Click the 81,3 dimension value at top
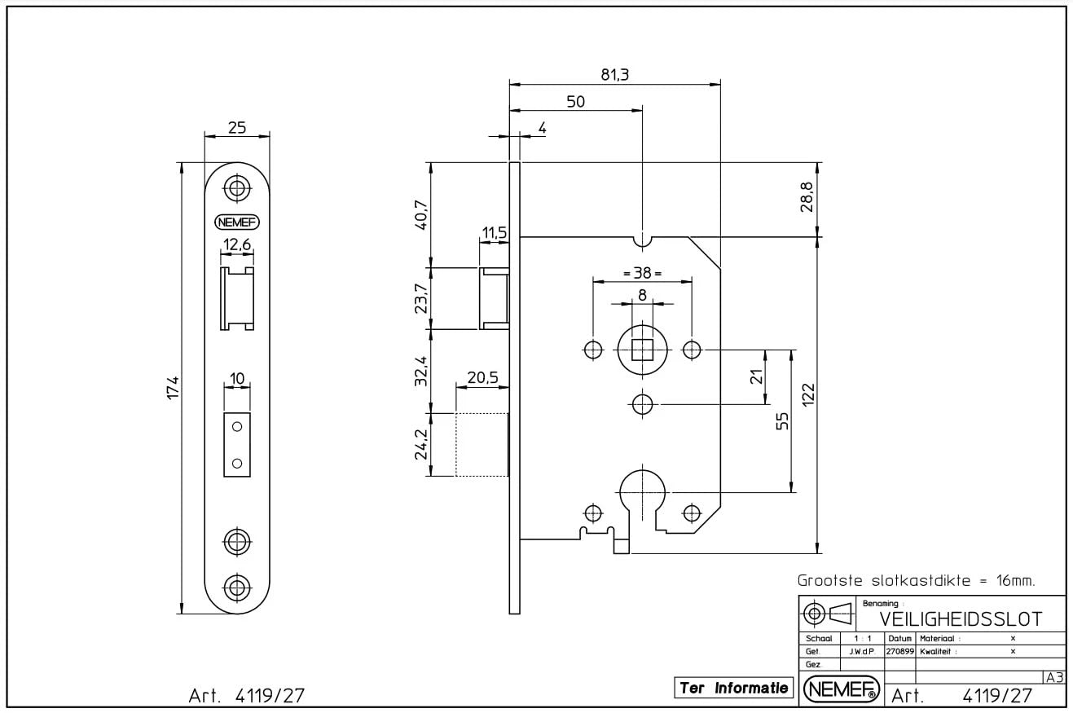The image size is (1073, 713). [615, 74]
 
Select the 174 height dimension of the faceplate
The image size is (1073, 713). [173, 387]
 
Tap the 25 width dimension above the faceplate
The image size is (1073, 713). [237, 127]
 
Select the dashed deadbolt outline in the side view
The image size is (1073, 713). [482, 444]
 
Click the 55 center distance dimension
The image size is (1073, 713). [782, 420]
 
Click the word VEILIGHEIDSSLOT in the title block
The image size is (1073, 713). [960, 619]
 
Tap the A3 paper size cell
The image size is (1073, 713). [1054, 677]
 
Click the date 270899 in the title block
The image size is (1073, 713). [900, 651]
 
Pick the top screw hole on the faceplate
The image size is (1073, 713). [237, 187]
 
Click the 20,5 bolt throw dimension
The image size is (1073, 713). [482, 378]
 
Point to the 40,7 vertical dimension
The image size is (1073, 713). [421, 215]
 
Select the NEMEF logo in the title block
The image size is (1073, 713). [842, 689]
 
